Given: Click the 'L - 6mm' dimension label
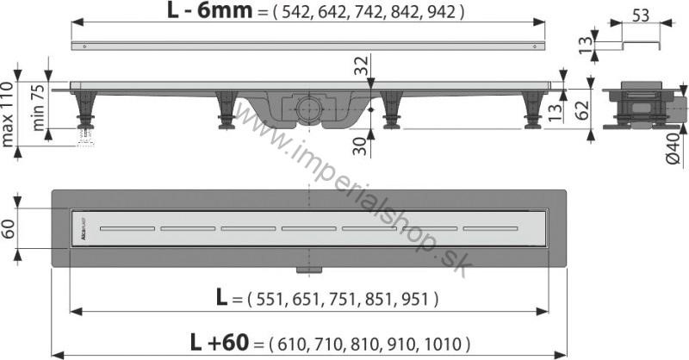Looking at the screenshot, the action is click(x=209, y=10).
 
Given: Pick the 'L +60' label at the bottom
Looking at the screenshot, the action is click(x=220, y=342).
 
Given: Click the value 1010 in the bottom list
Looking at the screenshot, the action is click(x=442, y=344).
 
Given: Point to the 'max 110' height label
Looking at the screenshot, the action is click(x=8, y=115).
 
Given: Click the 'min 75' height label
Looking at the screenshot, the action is click(x=38, y=108).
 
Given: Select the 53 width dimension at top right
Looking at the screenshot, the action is click(x=641, y=16).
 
